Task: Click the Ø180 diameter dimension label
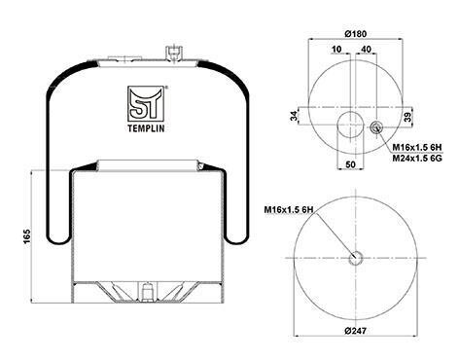(355, 33)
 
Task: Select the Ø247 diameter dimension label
(356, 331)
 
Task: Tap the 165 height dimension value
(26, 236)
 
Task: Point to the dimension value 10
(336, 49)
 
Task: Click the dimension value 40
(366, 49)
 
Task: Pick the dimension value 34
(294, 116)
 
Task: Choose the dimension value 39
(408, 116)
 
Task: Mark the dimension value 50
(350, 164)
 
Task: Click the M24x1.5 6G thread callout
(417, 159)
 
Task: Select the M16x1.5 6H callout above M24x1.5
(417, 148)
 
